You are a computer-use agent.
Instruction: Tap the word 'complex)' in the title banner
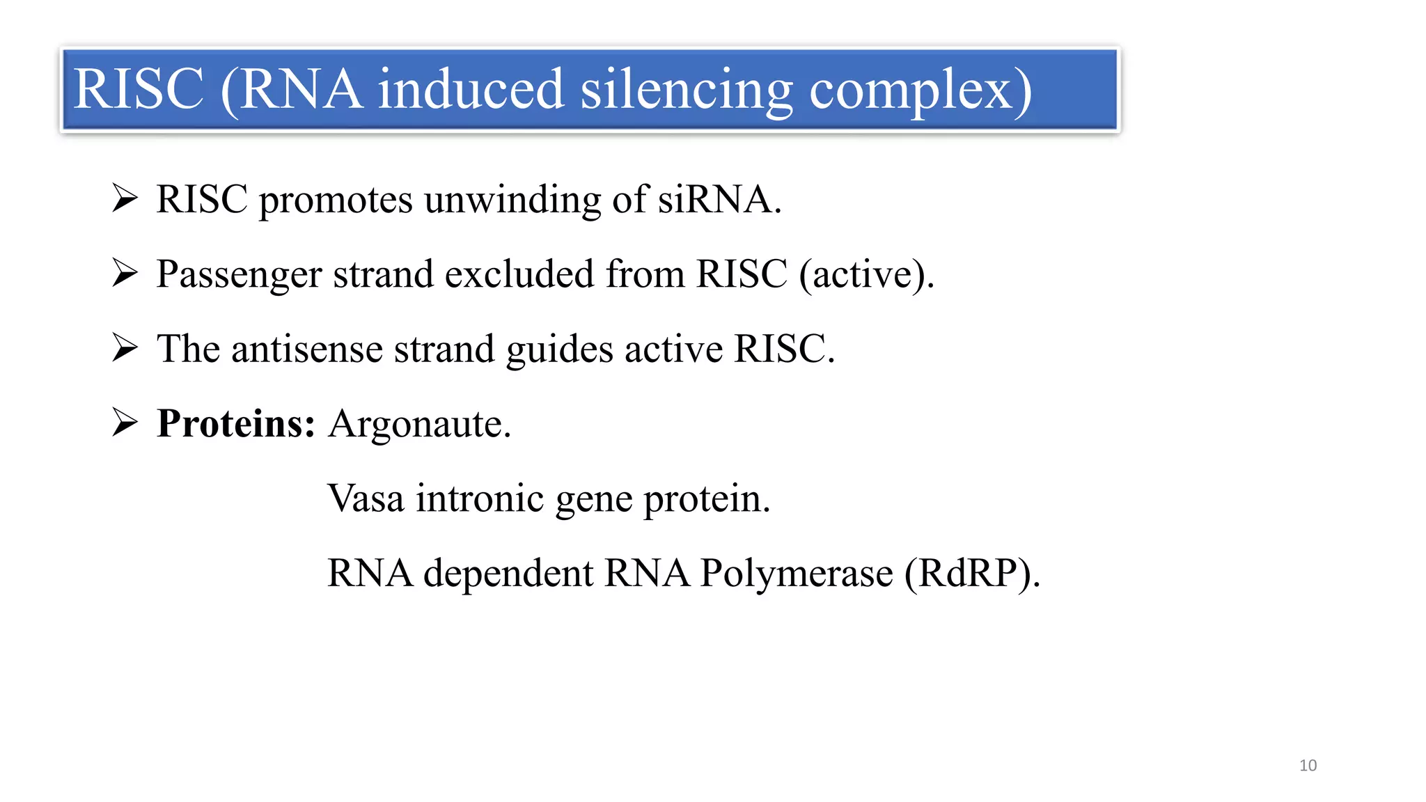(x=920, y=91)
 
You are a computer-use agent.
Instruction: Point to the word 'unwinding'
(x=512, y=200)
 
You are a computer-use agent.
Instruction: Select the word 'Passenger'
(x=239, y=275)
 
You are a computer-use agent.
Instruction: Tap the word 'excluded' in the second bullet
(x=519, y=274)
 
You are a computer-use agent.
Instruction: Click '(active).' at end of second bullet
(x=867, y=274)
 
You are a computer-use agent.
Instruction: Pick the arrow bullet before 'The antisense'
(x=125, y=347)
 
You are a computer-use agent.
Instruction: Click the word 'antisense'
(x=307, y=349)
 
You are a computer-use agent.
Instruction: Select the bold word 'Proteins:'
(x=236, y=423)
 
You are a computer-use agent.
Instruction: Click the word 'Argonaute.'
(x=420, y=425)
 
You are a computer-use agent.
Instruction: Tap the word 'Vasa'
(x=366, y=498)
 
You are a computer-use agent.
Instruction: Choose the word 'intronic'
(x=480, y=498)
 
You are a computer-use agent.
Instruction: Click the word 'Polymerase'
(x=796, y=574)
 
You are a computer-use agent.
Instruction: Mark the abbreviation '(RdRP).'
(x=972, y=574)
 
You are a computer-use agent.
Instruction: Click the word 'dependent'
(x=508, y=574)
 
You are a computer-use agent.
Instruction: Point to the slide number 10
(x=1308, y=765)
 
